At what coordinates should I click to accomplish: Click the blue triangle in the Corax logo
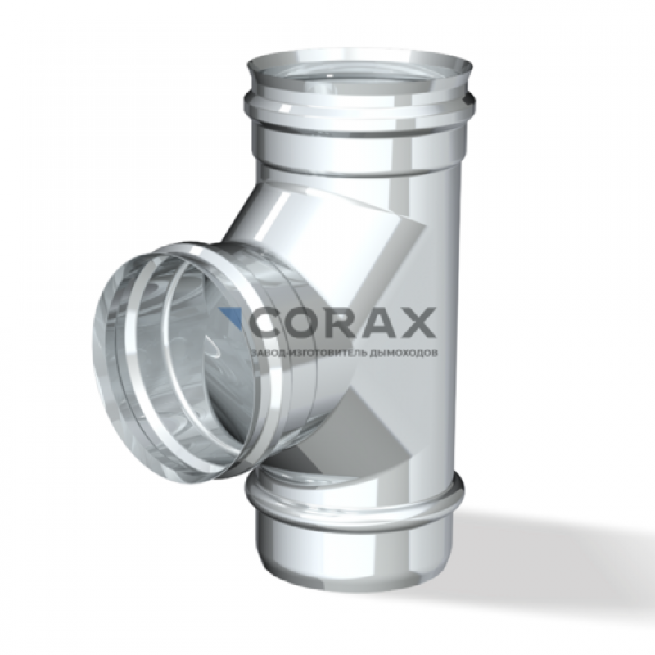pyautogui.click(x=234, y=315)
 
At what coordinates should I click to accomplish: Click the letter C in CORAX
pyautogui.click(x=264, y=323)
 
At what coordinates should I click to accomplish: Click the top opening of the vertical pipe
pyautogui.click(x=361, y=71)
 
